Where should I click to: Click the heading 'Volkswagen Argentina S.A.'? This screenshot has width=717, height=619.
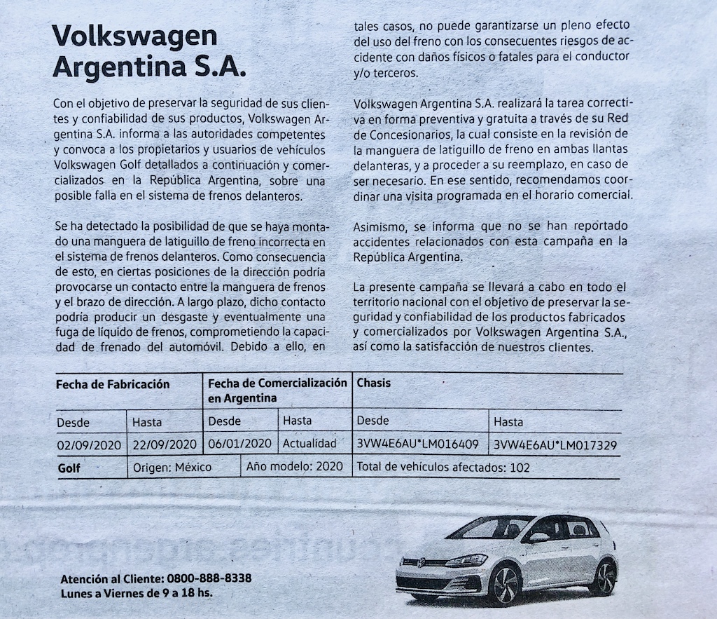point(149,52)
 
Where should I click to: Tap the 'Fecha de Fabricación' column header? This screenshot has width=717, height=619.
point(113,384)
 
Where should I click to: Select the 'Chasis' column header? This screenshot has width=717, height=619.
point(374,383)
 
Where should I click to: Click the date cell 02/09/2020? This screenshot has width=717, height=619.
point(90,444)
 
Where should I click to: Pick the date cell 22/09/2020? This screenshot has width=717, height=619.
point(164,444)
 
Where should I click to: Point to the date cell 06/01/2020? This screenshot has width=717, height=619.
point(239,444)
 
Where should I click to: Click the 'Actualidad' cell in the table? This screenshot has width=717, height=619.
point(309,444)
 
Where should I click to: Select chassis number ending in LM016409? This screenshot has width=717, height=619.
point(417,444)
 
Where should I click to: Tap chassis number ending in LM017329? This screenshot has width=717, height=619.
point(555,444)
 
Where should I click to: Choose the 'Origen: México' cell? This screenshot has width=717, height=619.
point(172,468)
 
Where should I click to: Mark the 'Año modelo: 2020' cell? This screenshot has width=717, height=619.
point(295,467)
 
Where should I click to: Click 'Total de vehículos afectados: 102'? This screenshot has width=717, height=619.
point(443,468)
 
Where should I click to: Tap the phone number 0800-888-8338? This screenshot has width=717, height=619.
point(209,579)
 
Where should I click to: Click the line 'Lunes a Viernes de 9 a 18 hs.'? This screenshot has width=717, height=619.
point(136,593)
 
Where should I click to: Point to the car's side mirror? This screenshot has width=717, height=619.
point(538,538)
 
